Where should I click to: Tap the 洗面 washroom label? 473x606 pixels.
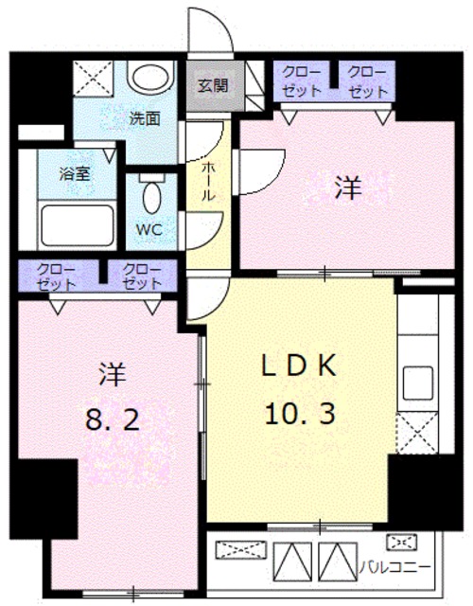144,119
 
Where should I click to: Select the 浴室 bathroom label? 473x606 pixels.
47,174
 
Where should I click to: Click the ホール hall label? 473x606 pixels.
205,179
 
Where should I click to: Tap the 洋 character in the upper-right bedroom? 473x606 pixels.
347,189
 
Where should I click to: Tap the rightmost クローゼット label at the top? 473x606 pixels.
366,81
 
